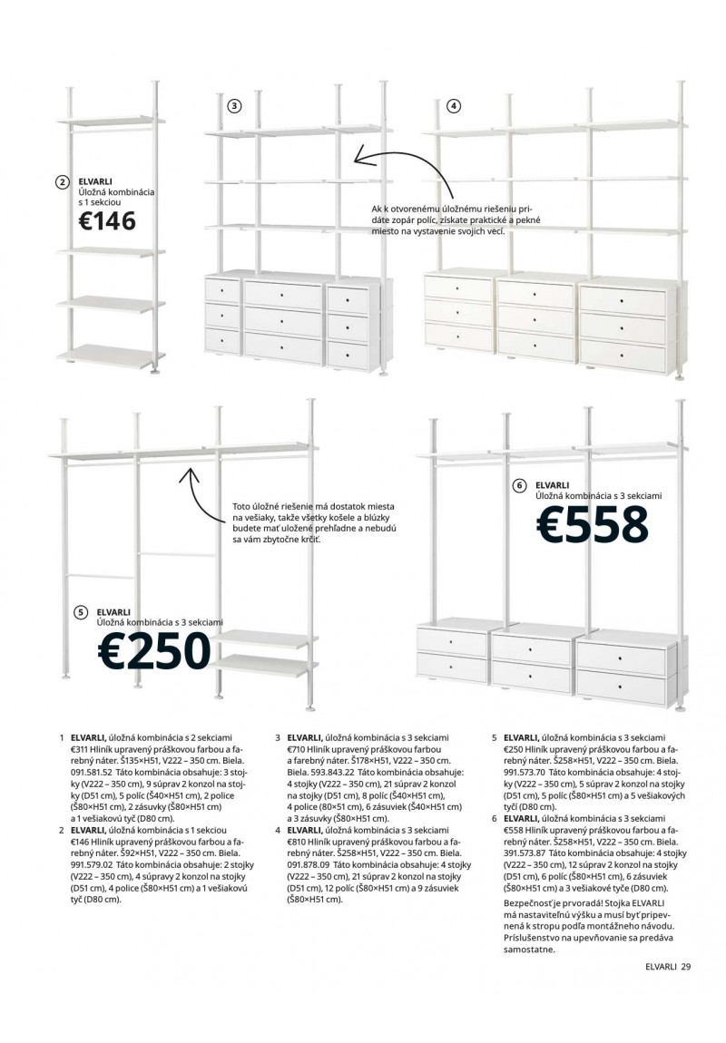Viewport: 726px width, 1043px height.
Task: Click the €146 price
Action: (x=106, y=220)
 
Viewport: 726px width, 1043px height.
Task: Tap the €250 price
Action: (x=154, y=650)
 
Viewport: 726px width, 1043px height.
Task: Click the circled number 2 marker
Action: (x=62, y=182)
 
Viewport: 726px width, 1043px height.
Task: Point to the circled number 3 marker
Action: (x=234, y=106)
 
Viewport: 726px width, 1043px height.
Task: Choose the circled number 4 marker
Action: (x=454, y=106)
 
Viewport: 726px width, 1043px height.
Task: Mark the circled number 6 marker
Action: (x=519, y=485)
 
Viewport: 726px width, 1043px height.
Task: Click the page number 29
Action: (x=685, y=966)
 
